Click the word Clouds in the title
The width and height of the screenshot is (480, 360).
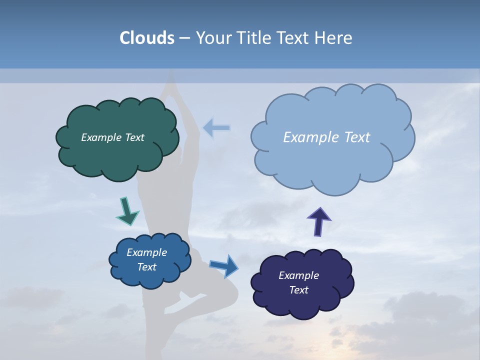[x=146, y=38]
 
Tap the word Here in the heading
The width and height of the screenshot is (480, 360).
[x=334, y=38]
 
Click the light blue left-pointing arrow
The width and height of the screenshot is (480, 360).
[x=216, y=128]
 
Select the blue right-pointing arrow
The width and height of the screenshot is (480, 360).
[x=224, y=266]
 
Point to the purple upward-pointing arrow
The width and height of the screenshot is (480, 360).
[x=318, y=221]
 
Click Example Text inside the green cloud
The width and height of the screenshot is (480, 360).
[x=112, y=137]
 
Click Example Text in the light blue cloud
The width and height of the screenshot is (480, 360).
[x=326, y=137]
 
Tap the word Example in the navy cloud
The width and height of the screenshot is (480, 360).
[x=298, y=275]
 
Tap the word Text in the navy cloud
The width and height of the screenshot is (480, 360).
[x=298, y=290]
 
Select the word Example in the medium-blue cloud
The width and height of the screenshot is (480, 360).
[x=146, y=252]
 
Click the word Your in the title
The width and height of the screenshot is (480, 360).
[x=212, y=38]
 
